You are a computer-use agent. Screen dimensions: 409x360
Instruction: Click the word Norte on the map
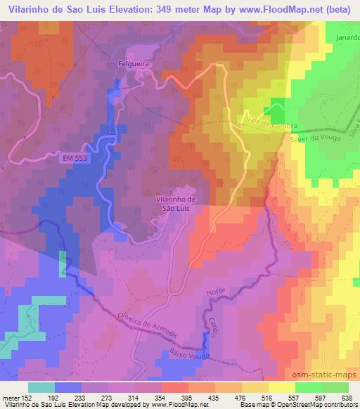click(215, 291)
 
